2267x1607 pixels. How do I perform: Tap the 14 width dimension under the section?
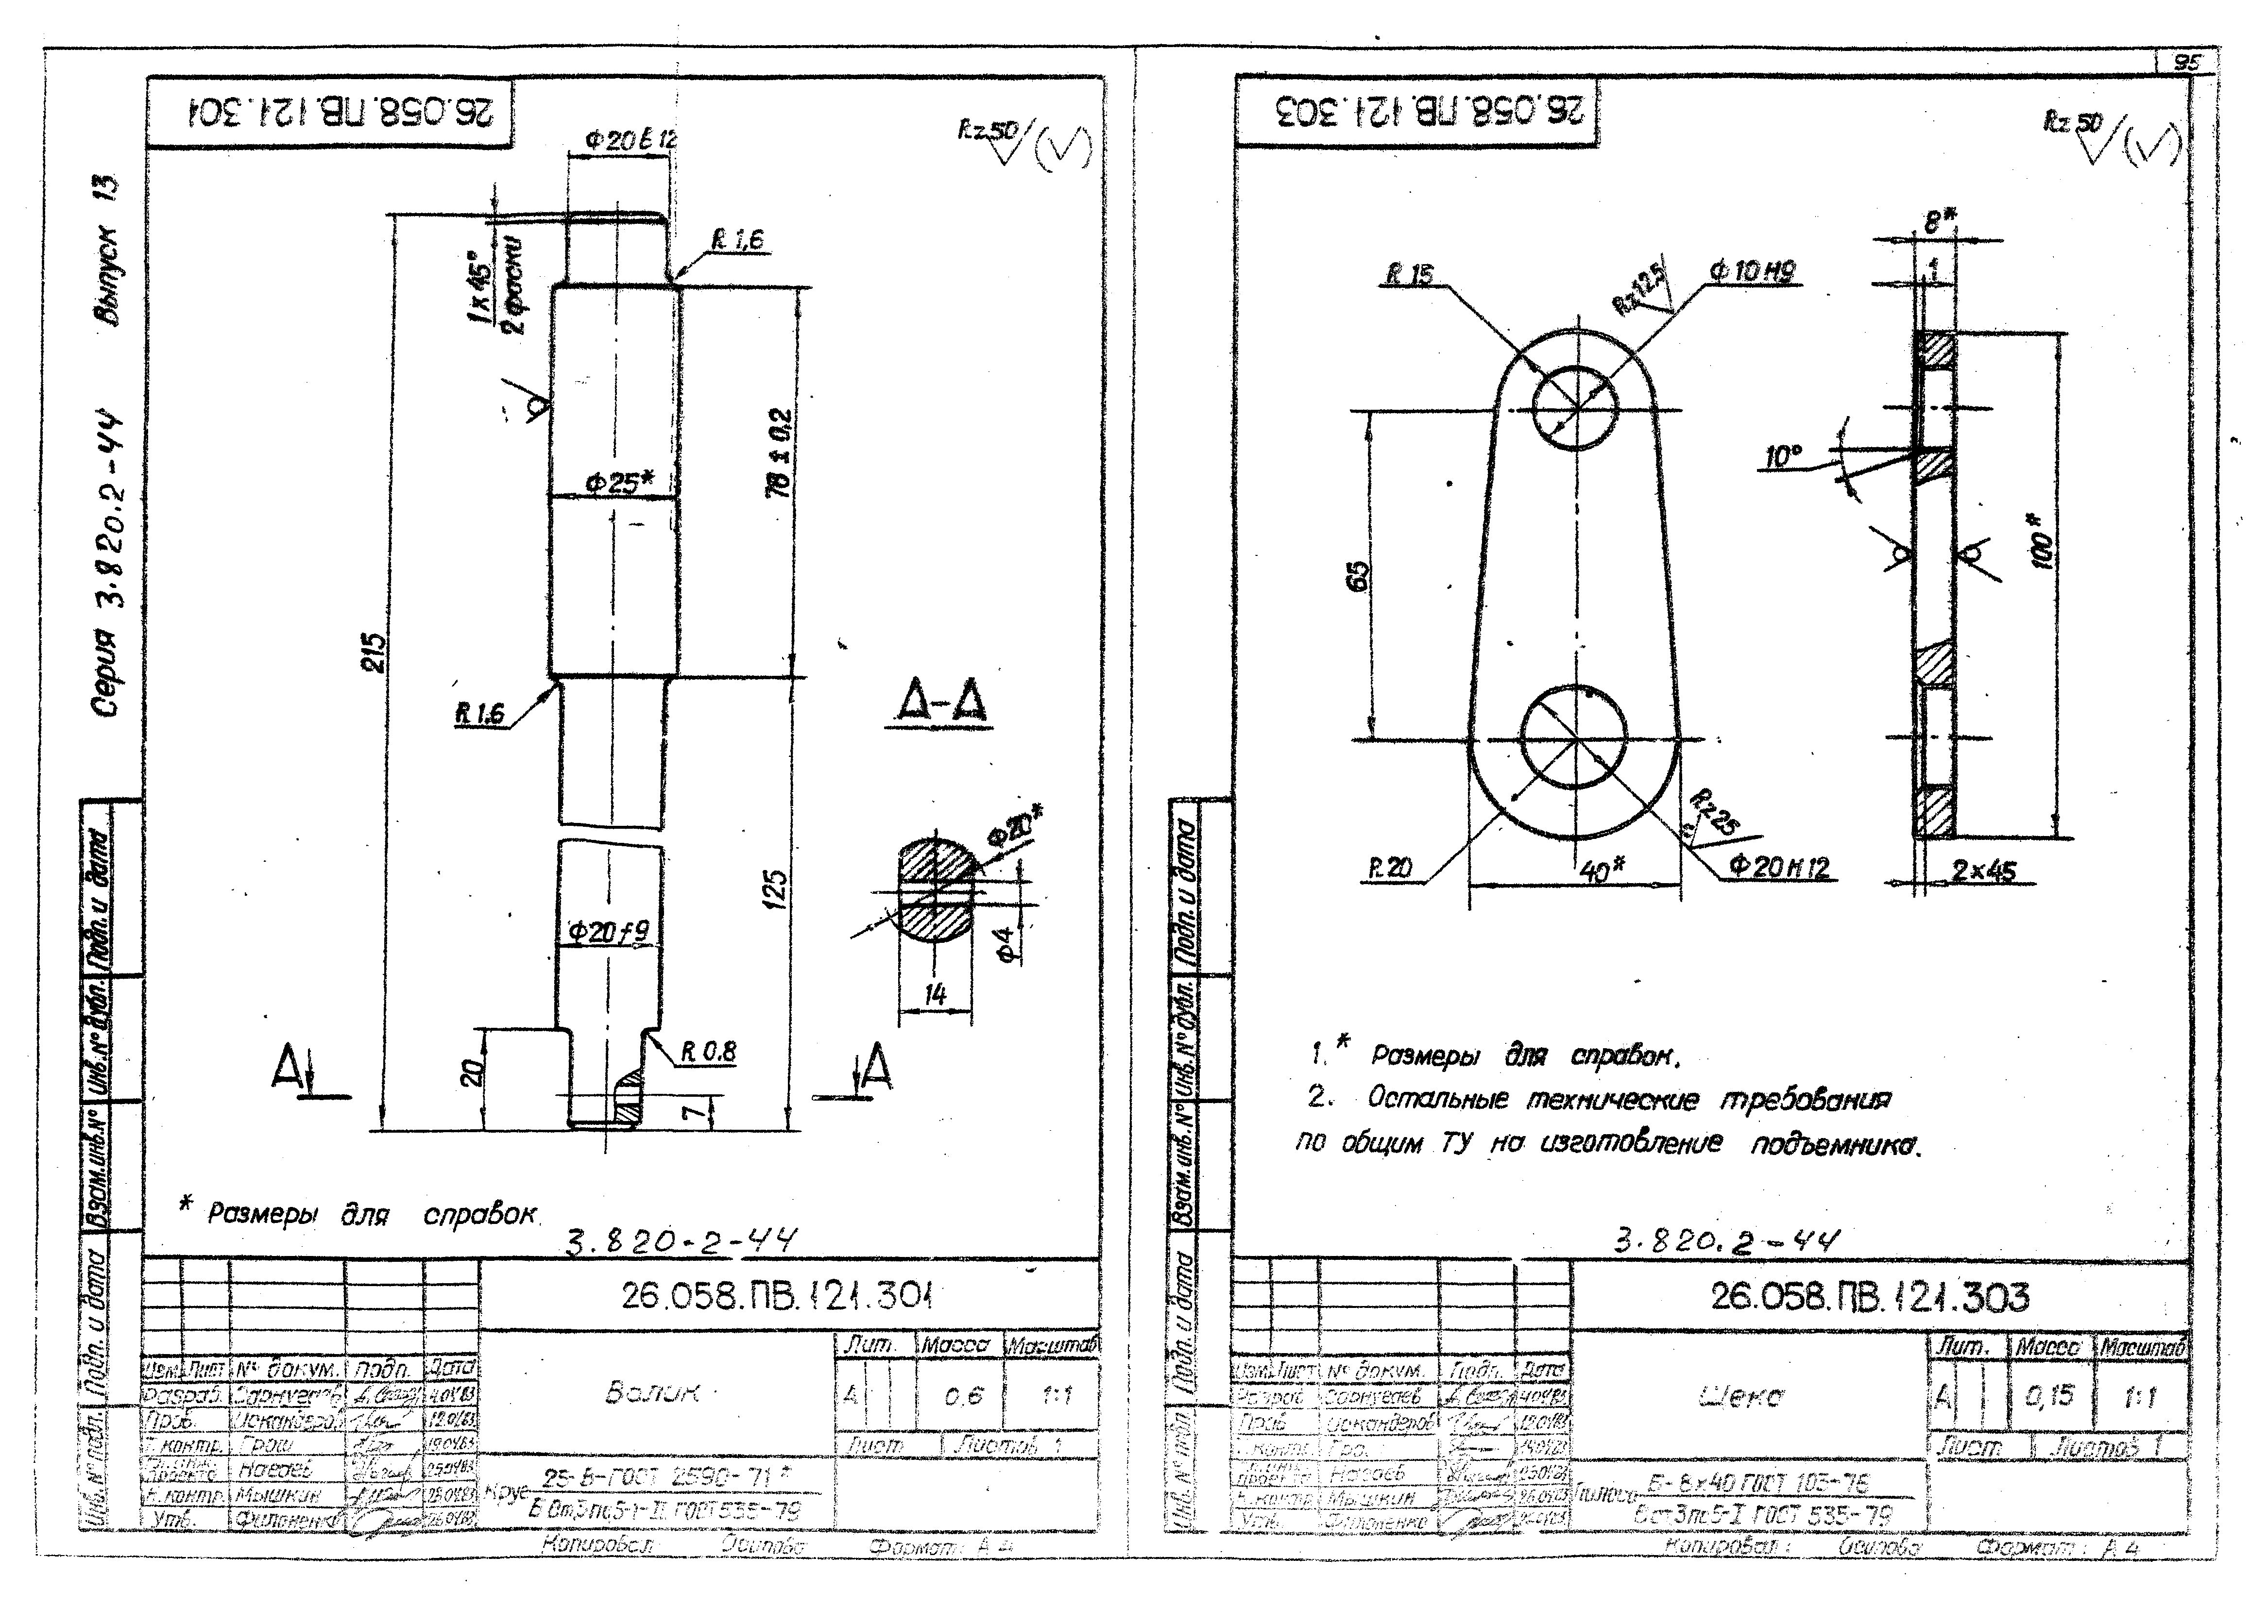pos(935,994)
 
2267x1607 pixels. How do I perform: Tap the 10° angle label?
pos(1784,457)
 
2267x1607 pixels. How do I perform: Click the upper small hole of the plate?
pos(1576,408)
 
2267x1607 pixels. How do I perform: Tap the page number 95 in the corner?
pos(2186,61)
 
